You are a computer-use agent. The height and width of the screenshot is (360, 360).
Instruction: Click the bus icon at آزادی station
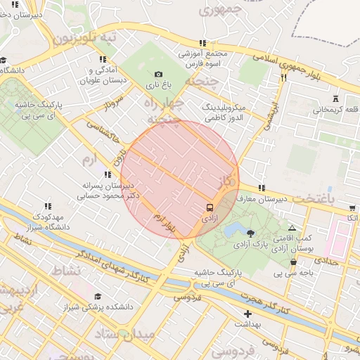pyautogui.click(x=209, y=207)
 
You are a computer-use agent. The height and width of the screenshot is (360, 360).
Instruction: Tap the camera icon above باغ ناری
pyautogui.click(x=158, y=75)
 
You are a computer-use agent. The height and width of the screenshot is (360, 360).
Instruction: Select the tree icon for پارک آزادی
pyautogui.click(x=251, y=232)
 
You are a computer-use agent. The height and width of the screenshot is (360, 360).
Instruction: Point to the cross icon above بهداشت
pyautogui.click(x=247, y=314)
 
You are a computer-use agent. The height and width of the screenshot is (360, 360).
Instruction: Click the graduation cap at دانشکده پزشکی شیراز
pyautogui.click(x=98, y=296)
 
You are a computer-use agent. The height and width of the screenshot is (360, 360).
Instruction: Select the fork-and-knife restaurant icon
pyautogui.click(x=283, y=78)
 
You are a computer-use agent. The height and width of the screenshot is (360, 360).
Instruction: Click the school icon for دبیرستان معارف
pyautogui.click(x=262, y=188)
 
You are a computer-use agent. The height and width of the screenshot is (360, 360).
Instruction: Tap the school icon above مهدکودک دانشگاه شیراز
pyautogui.click(x=48, y=206)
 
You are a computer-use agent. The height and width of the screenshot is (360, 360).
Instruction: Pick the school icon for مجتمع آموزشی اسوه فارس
pyautogui.click(x=203, y=43)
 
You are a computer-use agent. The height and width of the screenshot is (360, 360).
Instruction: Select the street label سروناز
pyautogui.click(x=112, y=106)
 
